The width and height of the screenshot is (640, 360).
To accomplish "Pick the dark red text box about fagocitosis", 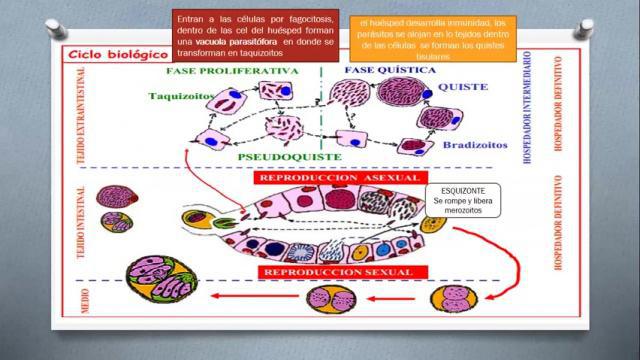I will click(243, 37).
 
